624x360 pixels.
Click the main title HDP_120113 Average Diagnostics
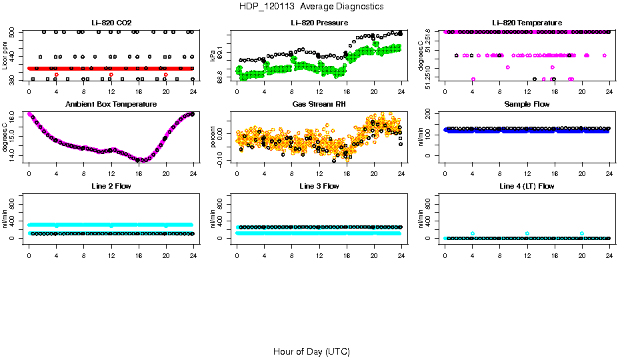[x=311, y=7]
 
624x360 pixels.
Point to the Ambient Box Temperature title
[x=111, y=105]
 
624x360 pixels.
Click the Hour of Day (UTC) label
[x=311, y=351]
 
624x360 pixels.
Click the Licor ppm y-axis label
[x=5, y=56]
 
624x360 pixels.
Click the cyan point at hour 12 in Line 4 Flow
[x=527, y=233]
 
